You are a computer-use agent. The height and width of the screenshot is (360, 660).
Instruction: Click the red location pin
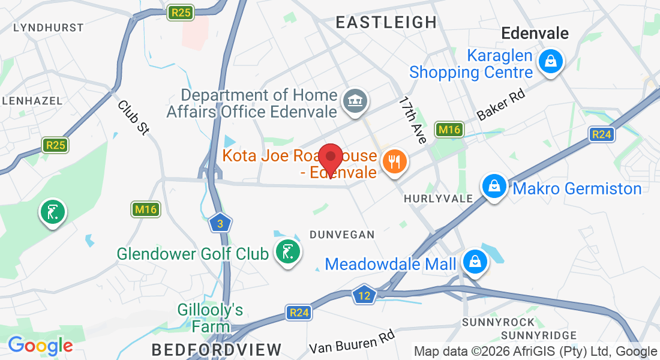point(330,158)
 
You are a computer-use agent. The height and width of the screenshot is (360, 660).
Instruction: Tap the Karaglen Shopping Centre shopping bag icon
point(550,61)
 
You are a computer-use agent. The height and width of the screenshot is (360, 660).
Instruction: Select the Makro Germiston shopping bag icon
point(494,187)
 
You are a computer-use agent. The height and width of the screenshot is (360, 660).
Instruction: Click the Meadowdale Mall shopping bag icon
point(475,262)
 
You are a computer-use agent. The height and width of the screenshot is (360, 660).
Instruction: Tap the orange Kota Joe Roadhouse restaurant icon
point(394,161)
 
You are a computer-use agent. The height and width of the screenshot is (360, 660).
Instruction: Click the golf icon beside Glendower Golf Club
point(287,251)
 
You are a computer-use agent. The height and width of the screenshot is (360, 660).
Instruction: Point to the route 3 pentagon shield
point(220,223)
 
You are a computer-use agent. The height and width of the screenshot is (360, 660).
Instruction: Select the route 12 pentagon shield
point(364,295)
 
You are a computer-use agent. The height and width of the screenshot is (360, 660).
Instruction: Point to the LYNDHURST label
point(48,28)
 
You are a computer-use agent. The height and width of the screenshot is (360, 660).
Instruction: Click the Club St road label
point(133,118)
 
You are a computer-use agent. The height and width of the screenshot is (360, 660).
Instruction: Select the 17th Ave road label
point(412,120)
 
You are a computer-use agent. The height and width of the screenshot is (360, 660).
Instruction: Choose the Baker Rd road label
point(500,106)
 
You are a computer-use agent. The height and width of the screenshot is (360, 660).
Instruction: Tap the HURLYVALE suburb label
point(436,198)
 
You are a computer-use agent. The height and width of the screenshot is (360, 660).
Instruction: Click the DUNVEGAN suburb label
point(341,235)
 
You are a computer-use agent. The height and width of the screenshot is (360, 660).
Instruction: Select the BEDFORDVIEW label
point(216,349)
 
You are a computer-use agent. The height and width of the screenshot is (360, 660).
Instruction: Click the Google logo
point(40,346)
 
